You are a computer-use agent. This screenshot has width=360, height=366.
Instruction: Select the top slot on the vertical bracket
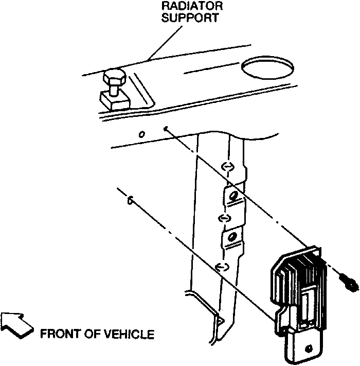tap(226, 166)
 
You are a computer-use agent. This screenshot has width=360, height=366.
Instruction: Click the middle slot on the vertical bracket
tap(224, 218)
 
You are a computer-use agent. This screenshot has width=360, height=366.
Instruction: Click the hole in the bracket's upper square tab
tap(234, 195)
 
